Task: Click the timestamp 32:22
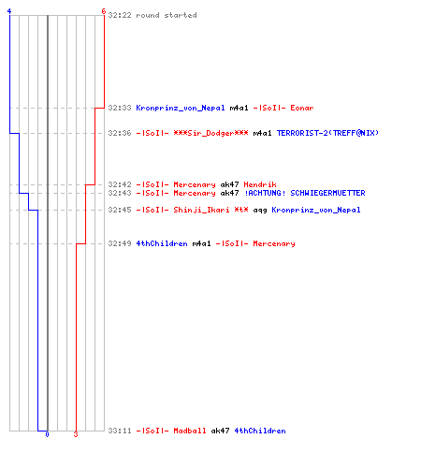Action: click(120, 15)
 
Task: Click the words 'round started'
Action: click(167, 15)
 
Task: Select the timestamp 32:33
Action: click(120, 108)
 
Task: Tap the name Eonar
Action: click(302, 108)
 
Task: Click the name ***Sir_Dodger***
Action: click(210, 133)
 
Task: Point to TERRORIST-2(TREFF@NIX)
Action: click(327, 133)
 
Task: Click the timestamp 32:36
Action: click(120, 133)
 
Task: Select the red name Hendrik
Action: click(260, 184)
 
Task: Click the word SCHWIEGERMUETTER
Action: click(327, 193)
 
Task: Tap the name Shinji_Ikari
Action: click(201, 210)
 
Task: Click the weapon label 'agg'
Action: click(260, 211)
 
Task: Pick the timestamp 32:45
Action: click(120, 210)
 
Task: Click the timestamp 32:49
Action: click(120, 243)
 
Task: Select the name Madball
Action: click(190, 431)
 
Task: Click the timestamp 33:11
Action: click(120, 431)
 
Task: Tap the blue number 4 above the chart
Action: click(9, 11)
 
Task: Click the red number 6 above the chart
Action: click(104, 11)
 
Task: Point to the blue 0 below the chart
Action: click(47, 434)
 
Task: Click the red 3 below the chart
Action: click(76, 434)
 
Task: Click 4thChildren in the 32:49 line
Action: click(162, 243)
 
